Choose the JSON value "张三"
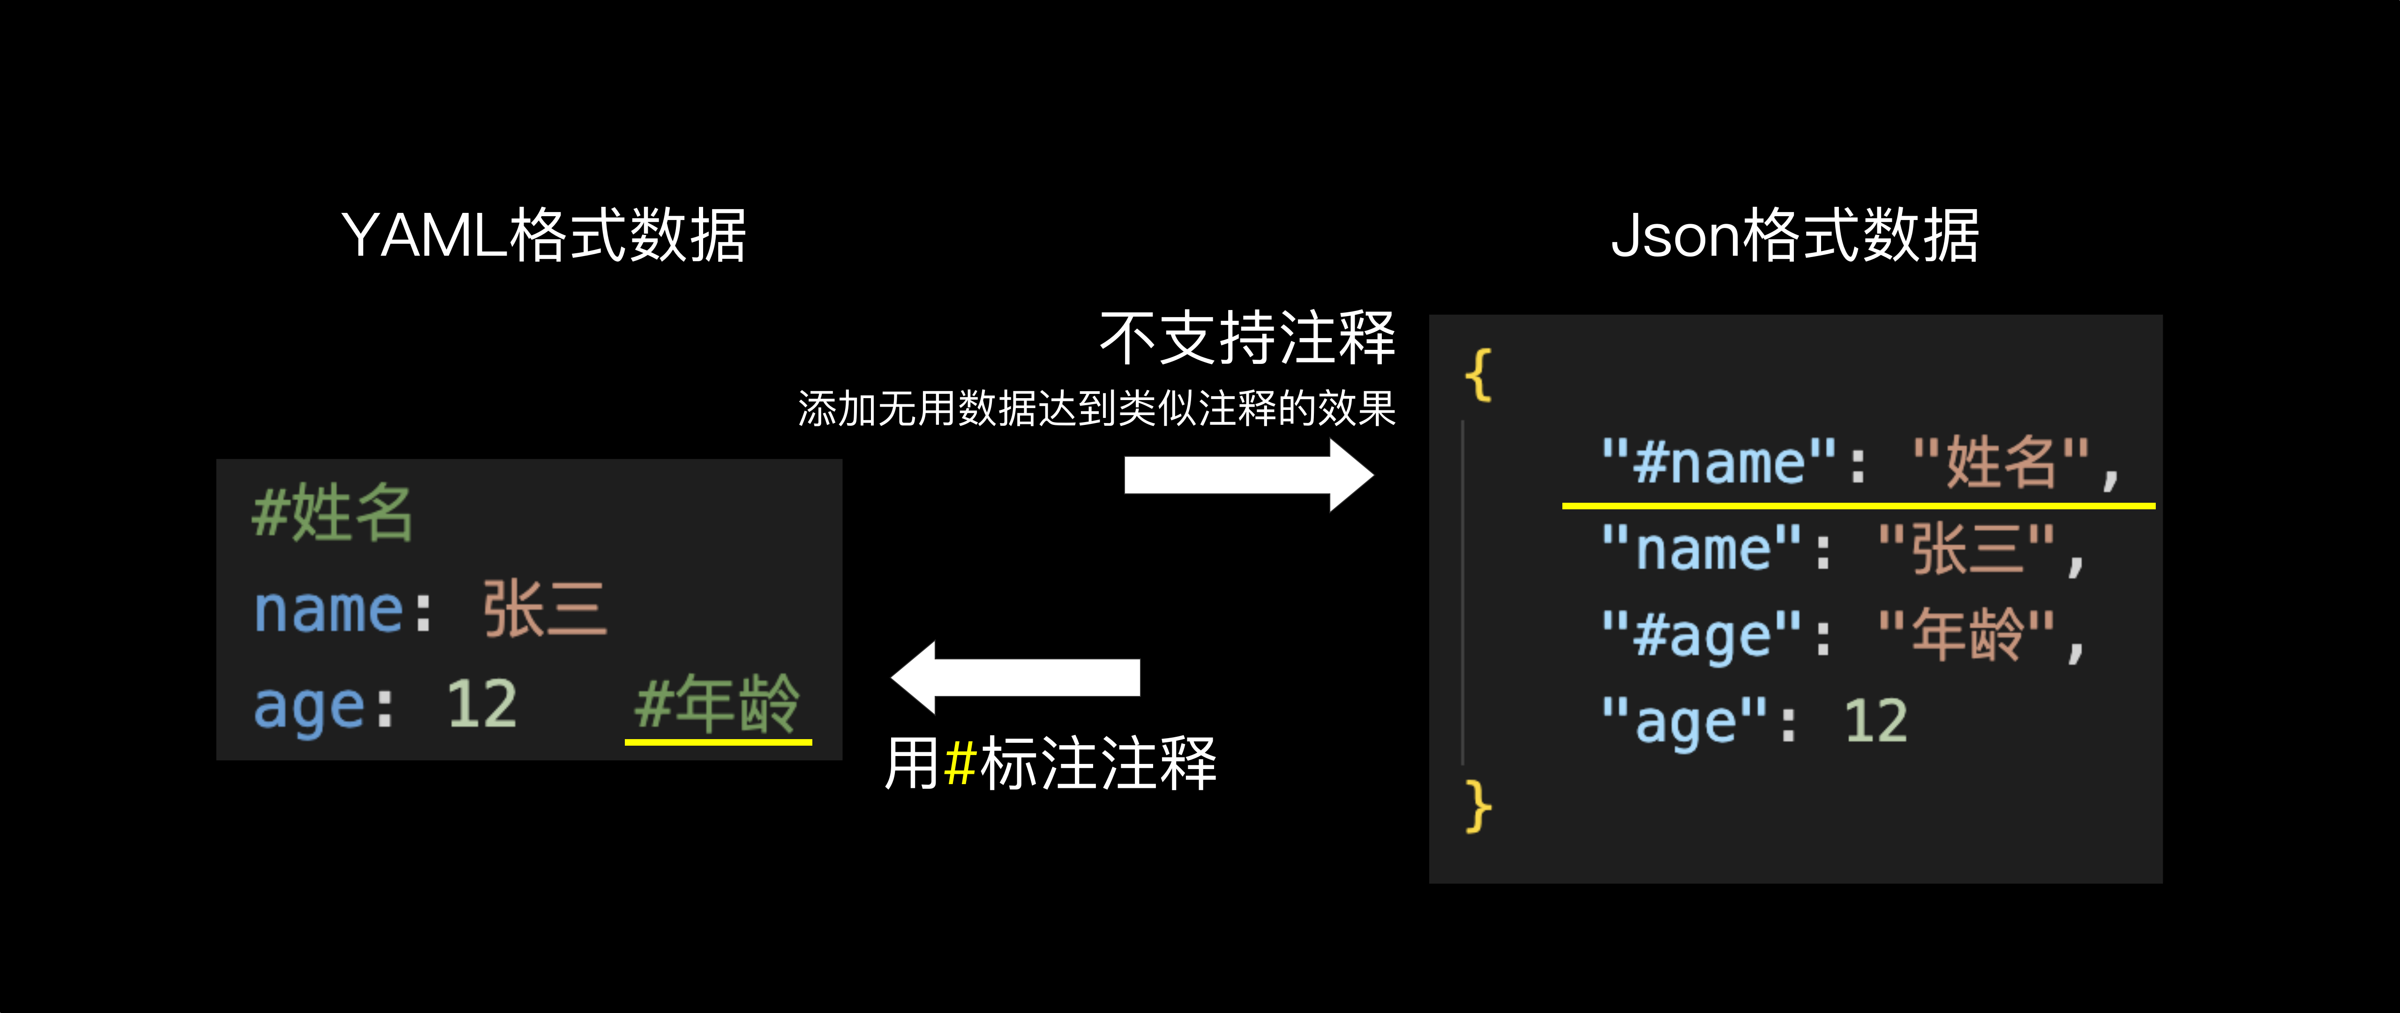tap(1966, 549)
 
